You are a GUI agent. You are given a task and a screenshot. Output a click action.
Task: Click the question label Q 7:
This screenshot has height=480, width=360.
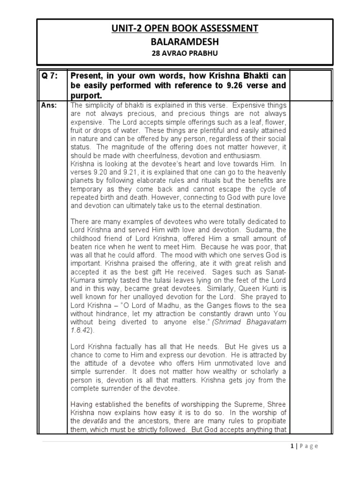click(48, 76)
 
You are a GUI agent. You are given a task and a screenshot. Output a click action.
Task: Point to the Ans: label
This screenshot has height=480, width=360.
click(47, 105)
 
